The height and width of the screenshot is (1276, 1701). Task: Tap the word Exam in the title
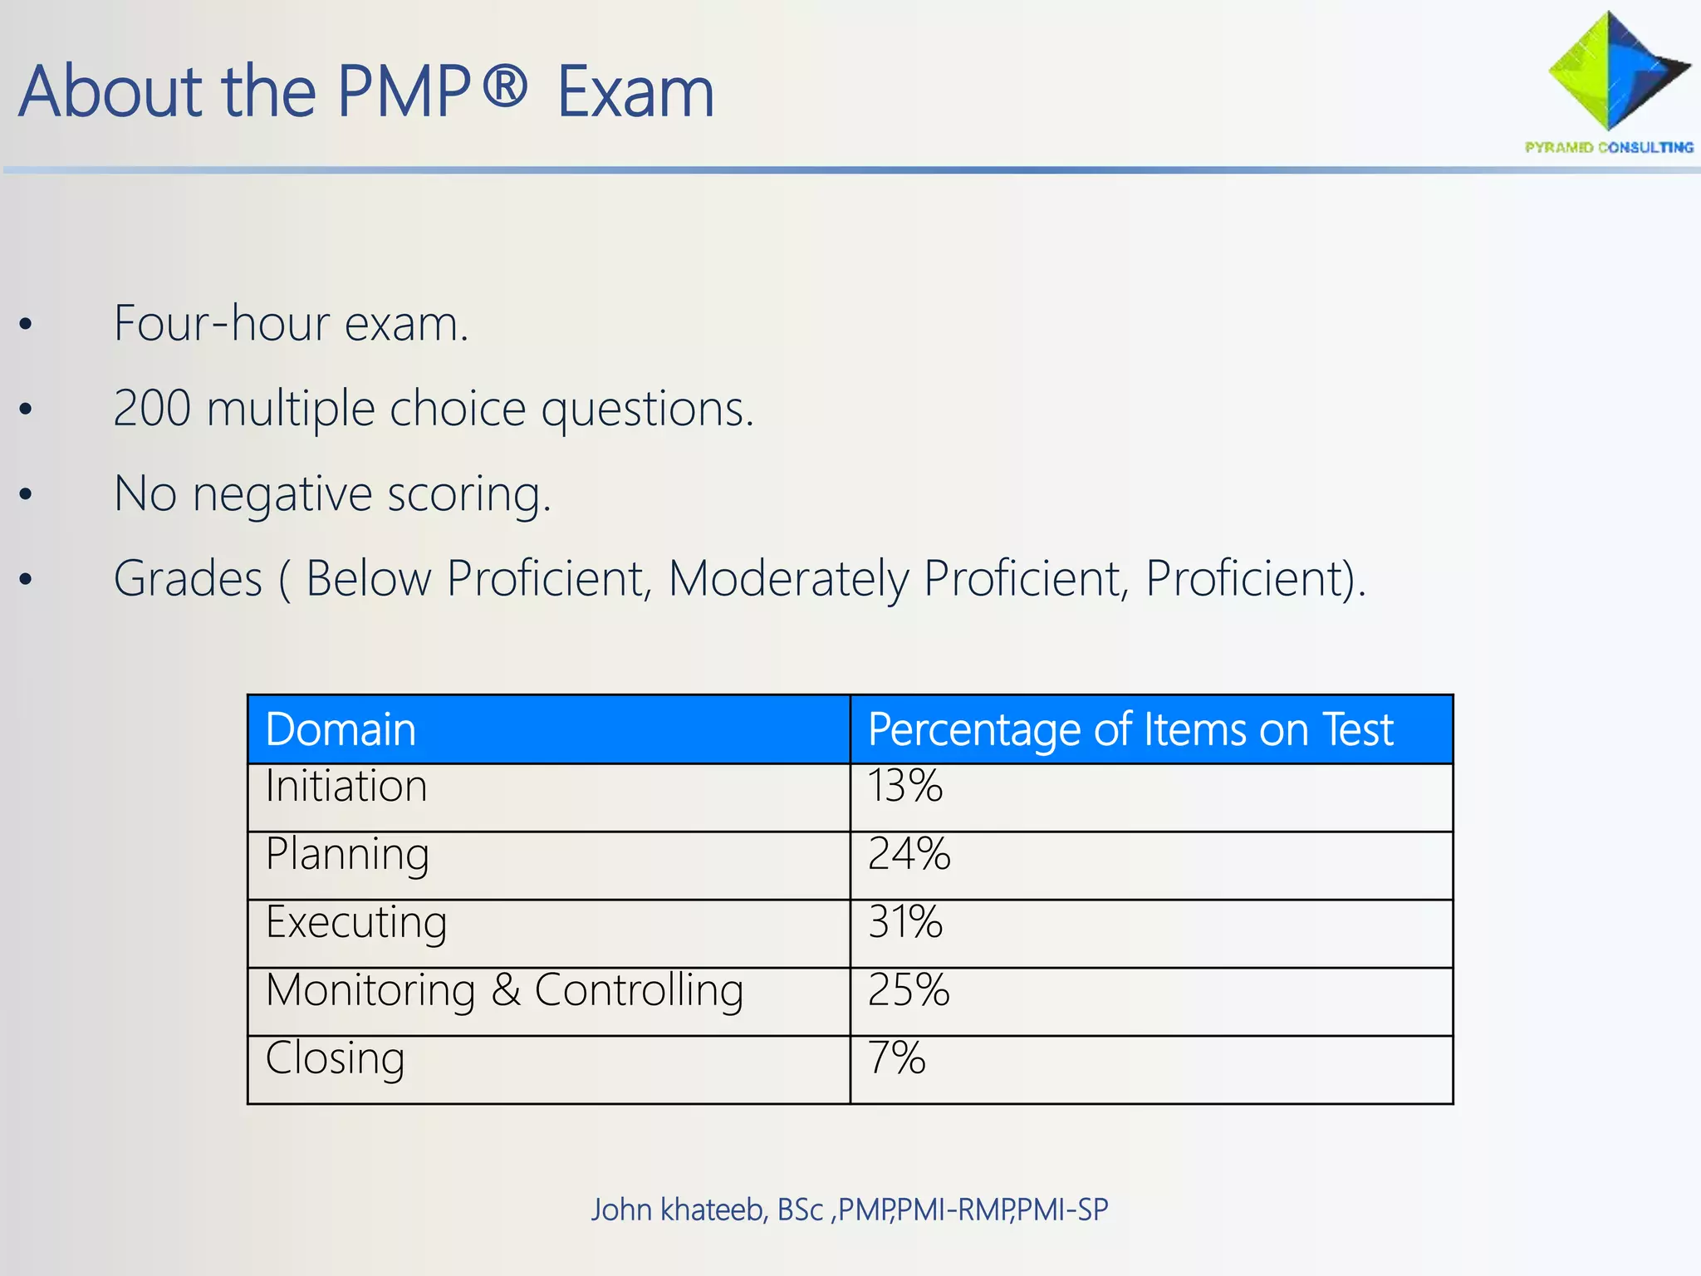pyautogui.click(x=635, y=92)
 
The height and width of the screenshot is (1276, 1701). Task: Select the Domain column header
pyautogui.click(x=341, y=729)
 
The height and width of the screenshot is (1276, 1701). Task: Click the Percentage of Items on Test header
pyautogui.click(x=1130, y=729)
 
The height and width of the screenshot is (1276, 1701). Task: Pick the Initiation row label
pyautogui.click(x=346, y=786)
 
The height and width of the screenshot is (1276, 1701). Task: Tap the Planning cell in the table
pyautogui.click(x=347, y=855)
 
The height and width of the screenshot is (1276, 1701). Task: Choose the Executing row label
pyautogui.click(x=356, y=923)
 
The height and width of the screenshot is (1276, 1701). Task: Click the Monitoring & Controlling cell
pyautogui.click(x=504, y=990)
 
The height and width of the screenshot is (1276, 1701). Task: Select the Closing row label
pyautogui.click(x=335, y=1058)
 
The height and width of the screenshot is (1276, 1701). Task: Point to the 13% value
pyautogui.click(x=904, y=786)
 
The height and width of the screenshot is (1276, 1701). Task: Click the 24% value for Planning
pyautogui.click(x=909, y=854)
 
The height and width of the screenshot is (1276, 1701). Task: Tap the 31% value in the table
pyautogui.click(x=904, y=922)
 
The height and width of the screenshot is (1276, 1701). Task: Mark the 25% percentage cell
pyautogui.click(x=909, y=990)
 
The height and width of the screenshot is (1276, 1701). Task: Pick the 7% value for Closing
pyautogui.click(x=896, y=1058)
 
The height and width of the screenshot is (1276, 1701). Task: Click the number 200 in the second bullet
pyautogui.click(x=152, y=409)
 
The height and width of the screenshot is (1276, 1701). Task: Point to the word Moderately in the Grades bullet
pyautogui.click(x=788, y=578)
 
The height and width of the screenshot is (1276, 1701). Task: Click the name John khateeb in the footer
pyautogui.click(x=678, y=1210)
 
